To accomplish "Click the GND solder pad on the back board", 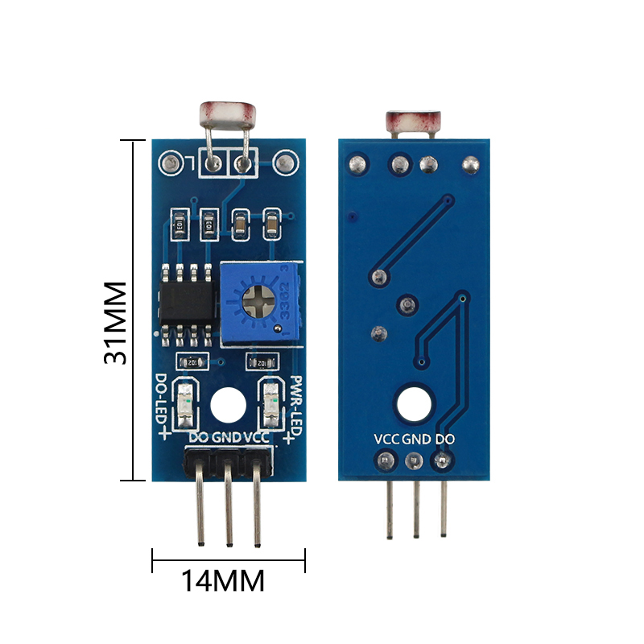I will (x=415, y=461).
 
